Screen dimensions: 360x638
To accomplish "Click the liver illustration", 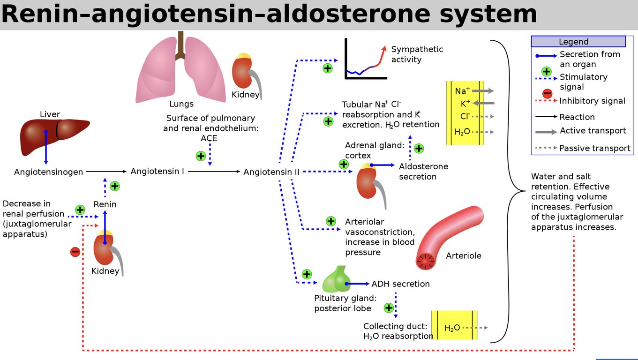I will coord(52,135).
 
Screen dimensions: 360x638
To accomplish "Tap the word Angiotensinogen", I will coord(48,172).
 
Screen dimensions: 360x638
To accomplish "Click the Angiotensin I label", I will coord(157,172).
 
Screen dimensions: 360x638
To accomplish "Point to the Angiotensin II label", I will coord(271,172).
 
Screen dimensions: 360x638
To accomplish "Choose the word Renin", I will coord(105,204).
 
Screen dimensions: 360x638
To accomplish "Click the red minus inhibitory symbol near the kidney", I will coord(75,252).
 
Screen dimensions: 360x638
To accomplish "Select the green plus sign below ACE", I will coord(201,156).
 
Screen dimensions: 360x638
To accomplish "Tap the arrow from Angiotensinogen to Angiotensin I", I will coord(106,172).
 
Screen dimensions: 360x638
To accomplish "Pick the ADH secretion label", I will coord(400,284).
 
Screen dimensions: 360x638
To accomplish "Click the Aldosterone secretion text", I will coord(423,172).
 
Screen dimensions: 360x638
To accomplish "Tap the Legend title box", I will coord(578,42).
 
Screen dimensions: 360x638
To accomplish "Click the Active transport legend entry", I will coord(592,131).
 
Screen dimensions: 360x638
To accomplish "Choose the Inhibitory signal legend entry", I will coord(592,101).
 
